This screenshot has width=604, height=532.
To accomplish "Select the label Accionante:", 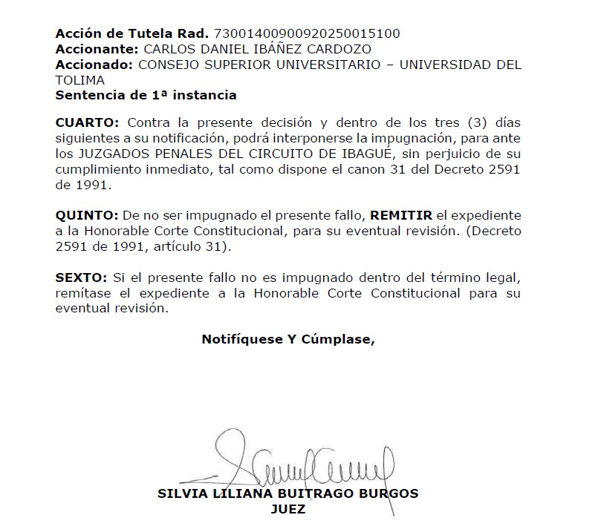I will (96, 49).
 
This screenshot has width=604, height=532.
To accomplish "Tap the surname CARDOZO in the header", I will (341, 49).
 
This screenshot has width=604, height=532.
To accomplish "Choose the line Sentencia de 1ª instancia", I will (146, 95).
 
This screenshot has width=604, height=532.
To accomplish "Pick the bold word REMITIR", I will (401, 214).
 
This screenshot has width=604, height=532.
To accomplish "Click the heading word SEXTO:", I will (81, 278).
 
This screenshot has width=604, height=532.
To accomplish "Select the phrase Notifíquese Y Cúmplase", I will (288, 339).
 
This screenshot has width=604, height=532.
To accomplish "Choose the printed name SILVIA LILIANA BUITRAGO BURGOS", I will (288, 493).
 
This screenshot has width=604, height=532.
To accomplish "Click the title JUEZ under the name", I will (290, 509).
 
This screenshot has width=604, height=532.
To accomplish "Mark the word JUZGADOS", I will (107, 154).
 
